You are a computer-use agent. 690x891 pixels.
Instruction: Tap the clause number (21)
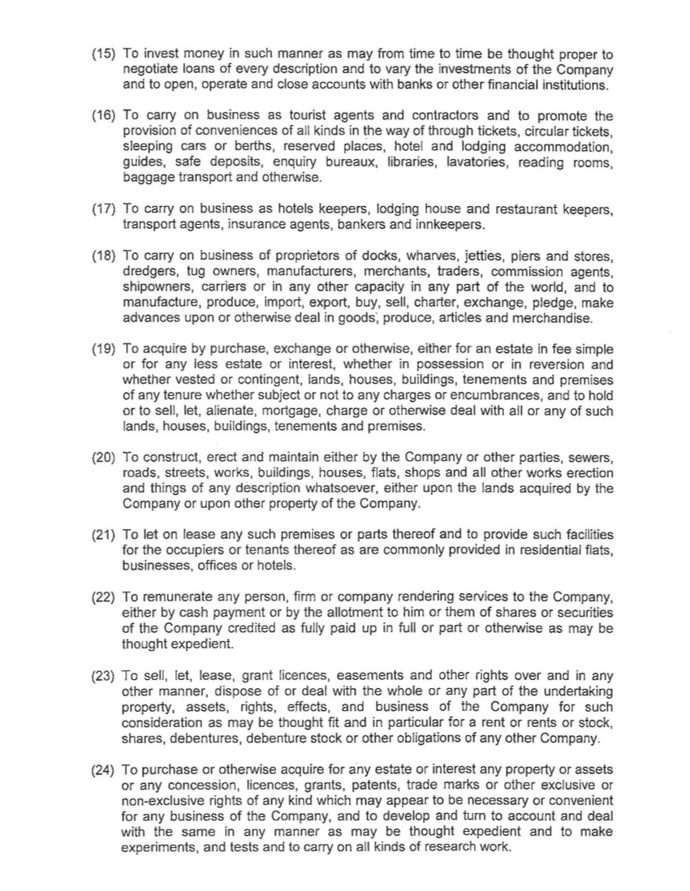(x=104, y=536)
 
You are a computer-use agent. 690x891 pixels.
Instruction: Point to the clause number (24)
(x=104, y=769)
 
